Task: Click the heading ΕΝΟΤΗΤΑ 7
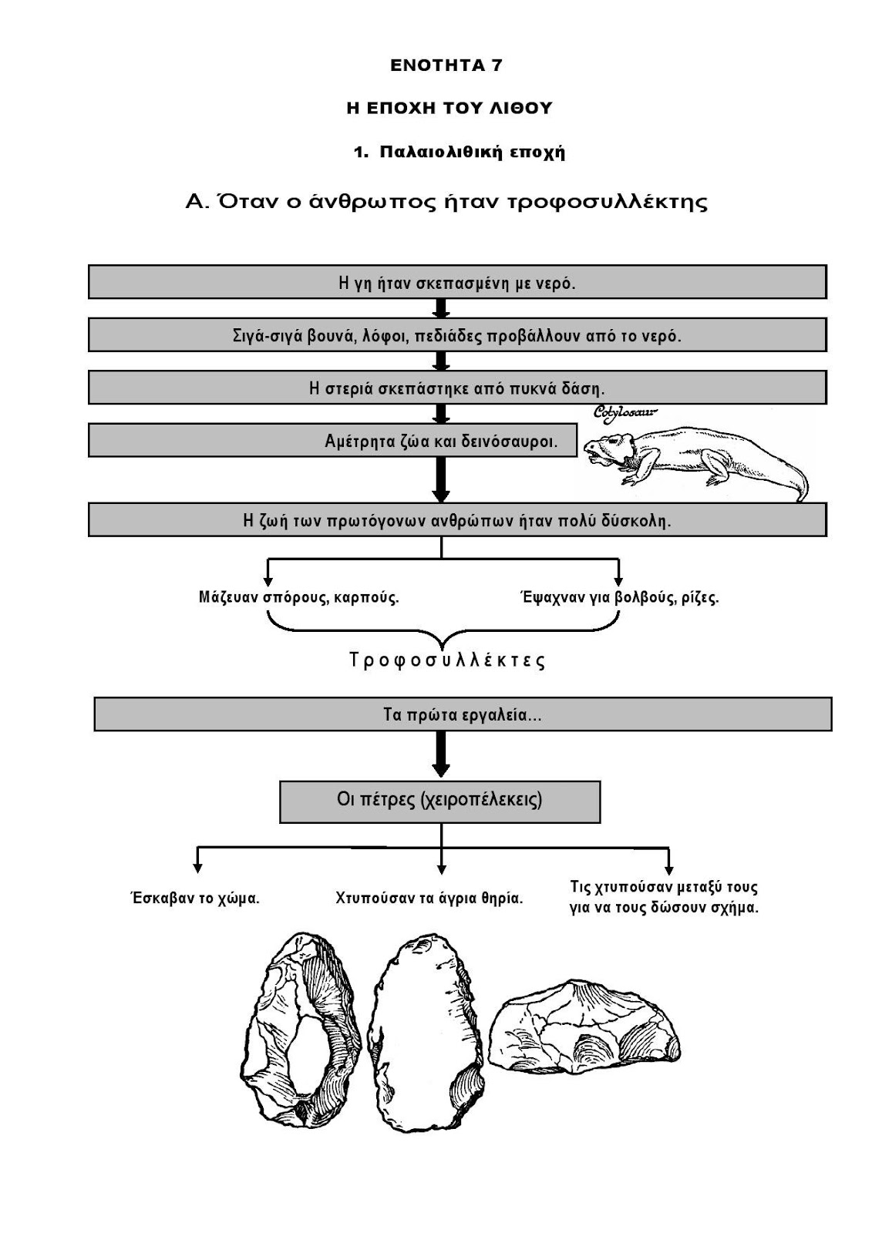pyautogui.click(x=446, y=66)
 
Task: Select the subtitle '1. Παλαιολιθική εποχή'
pyautogui.click(x=460, y=152)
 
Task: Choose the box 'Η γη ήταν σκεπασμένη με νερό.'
pyautogui.click(x=457, y=282)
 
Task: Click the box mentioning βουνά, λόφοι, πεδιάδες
pyautogui.click(x=457, y=335)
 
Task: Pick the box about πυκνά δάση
pyautogui.click(x=457, y=388)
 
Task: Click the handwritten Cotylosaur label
pyautogui.click(x=625, y=414)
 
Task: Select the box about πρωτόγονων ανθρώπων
pyautogui.click(x=457, y=520)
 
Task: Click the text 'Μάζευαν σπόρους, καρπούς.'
pyautogui.click(x=299, y=597)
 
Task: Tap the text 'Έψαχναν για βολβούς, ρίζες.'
pyautogui.click(x=619, y=597)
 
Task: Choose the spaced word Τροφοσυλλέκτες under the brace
pyautogui.click(x=447, y=660)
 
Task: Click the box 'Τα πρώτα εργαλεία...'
pyautogui.click(x=463, y=714)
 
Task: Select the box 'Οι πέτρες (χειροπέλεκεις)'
pyautogui.click(x=439, y=800)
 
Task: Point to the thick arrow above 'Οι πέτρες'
pyautogui.click(x=441, y=754)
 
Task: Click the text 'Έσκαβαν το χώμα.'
pyautogui.click(x=194, y=898)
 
